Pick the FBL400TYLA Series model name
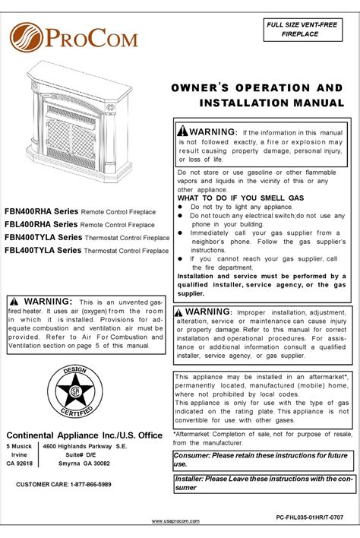coord(42,248)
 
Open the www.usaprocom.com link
coord(180,521)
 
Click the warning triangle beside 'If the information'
coord(182,131)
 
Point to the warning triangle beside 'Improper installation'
coord(178,312)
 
